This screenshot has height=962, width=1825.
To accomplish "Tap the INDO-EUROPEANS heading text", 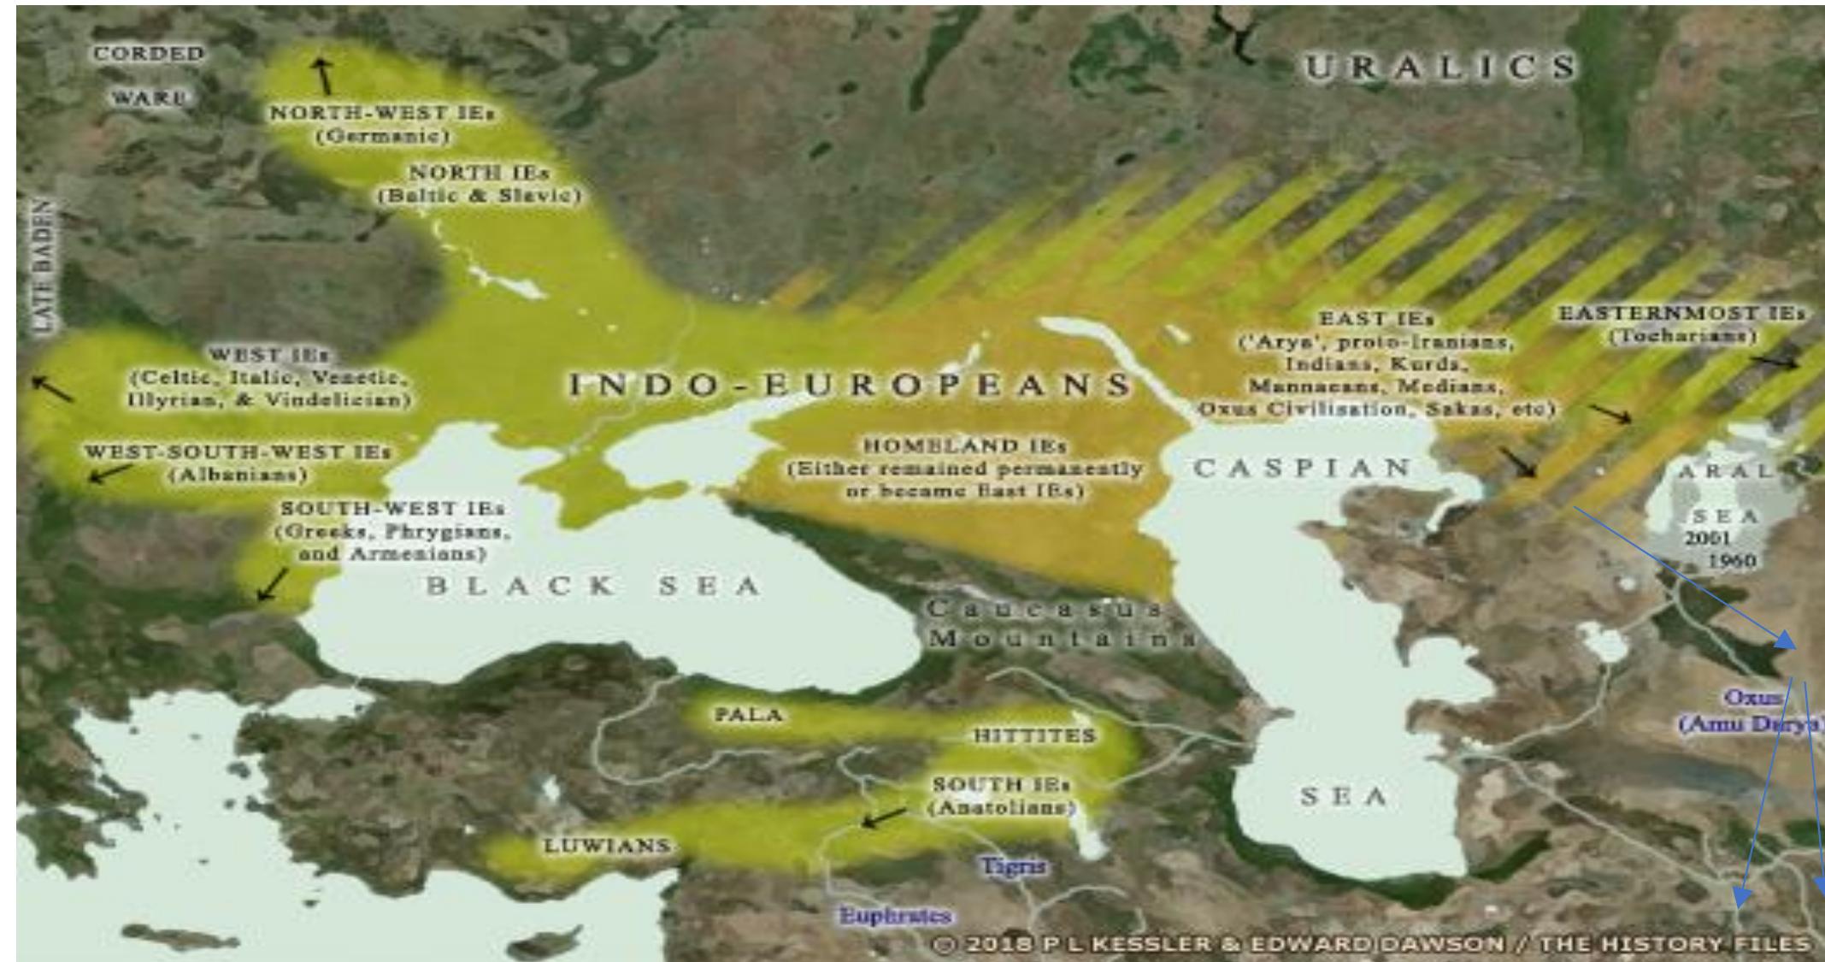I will click(851, 385).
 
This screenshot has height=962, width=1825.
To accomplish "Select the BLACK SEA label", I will click(593, 587).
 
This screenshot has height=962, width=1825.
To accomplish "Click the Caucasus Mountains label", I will click(1056, 624).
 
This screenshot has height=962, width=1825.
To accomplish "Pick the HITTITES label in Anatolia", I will click(1034, 735).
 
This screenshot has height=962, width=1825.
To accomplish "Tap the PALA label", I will click(749, 714).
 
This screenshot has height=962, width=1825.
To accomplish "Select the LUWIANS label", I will click(607, 846).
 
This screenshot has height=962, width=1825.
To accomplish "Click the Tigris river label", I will click(1012, 865).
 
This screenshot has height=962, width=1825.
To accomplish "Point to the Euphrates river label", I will click(895, 916).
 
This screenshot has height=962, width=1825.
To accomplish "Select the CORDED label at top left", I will click(149, 53).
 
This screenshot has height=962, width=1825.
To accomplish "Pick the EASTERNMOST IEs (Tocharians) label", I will click(1681, 325).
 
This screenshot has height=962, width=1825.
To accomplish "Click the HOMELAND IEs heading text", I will click(965, 446).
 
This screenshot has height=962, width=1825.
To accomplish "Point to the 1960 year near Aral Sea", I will click(1732, 561).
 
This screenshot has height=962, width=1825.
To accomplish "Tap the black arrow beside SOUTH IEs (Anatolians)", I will click(884, 817).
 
